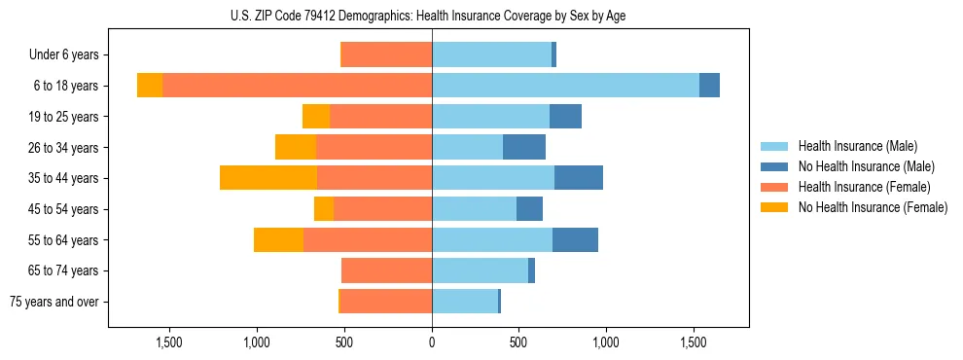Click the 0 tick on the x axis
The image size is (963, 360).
[432, 342]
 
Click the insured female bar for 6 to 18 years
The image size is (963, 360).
[297, 86]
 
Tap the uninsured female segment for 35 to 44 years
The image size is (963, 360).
[268, 178]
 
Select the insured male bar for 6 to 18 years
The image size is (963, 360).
[565, 86]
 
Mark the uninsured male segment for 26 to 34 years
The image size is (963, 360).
[524, 147]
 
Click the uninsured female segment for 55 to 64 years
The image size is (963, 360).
[278, 239]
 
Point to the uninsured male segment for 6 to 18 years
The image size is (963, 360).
[709, 86]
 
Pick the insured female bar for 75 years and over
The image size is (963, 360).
[385, 302]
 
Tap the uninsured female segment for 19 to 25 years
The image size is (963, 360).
[316, 117]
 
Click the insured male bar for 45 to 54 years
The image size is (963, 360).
[474, 209]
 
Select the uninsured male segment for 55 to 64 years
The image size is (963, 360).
[575, 239]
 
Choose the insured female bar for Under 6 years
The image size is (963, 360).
[386, 55]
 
